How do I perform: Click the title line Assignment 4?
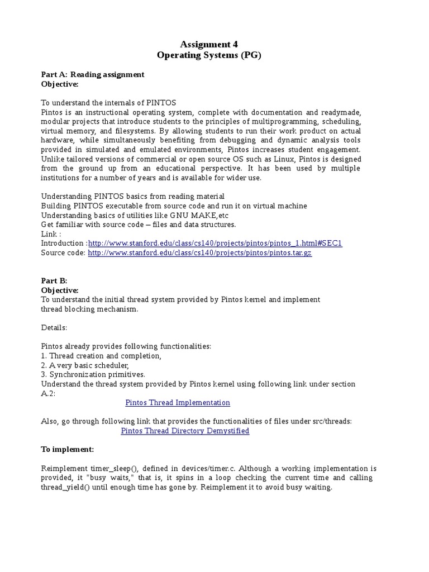pos(208,44)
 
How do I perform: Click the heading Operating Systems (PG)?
pos(208,55)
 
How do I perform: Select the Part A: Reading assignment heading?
pos(93,74)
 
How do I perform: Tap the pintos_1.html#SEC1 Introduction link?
pos(215,244)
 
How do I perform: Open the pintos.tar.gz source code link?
pos(199,253)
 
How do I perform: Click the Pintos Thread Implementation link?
pos(178,403)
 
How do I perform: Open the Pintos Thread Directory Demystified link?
pos(185,431)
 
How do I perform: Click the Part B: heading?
pos(54,281)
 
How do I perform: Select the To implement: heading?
pos(68,450)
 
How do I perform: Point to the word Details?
pos(54,328)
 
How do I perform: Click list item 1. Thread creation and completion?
pos(101,356)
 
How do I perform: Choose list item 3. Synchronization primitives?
pos(93,374)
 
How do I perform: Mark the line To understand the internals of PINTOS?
pos(109,103)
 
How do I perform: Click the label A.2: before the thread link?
pos(48,393)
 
